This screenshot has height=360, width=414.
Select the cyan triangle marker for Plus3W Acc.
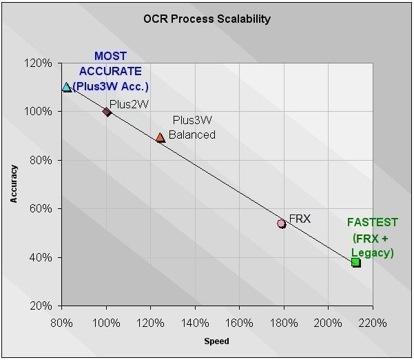click(66, 87)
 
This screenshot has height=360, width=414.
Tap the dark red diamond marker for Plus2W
click(106, 111)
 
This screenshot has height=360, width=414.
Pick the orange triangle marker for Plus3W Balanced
click(161, 137)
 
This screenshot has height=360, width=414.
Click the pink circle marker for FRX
click(281, 223)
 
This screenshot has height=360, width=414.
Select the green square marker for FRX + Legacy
click(355, 262)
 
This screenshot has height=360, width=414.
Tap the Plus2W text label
click(130, 103)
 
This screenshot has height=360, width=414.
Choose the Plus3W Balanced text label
click(194, 128)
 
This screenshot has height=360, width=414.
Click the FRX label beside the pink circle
click(300, 219)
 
